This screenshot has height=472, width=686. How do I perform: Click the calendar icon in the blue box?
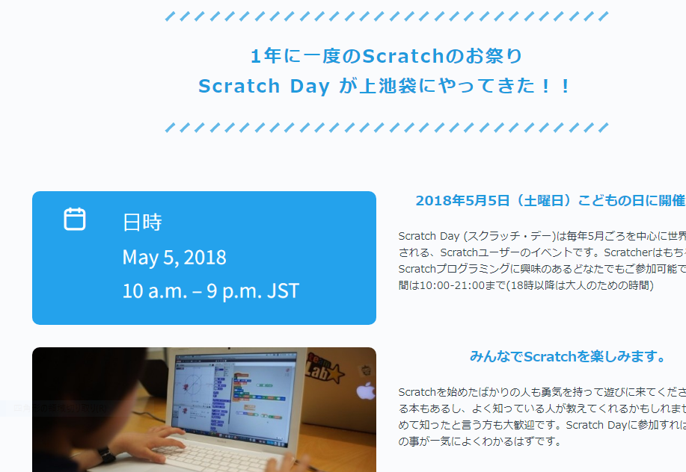point(75,219)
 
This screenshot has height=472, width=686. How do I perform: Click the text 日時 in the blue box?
point(142,223)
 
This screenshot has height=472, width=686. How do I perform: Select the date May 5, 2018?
point(174,258)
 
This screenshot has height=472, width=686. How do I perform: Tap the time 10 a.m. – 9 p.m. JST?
point(210,291)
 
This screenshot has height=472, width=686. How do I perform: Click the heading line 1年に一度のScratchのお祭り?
point(386,56)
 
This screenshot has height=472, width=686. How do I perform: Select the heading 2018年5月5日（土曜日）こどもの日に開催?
point(550,201)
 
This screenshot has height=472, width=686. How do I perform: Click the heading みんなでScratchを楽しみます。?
point(568,356)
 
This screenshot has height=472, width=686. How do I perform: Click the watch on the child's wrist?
point(104,455)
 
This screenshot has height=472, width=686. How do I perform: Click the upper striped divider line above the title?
point(386,16)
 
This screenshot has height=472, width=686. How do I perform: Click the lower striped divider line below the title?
point(386,128)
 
